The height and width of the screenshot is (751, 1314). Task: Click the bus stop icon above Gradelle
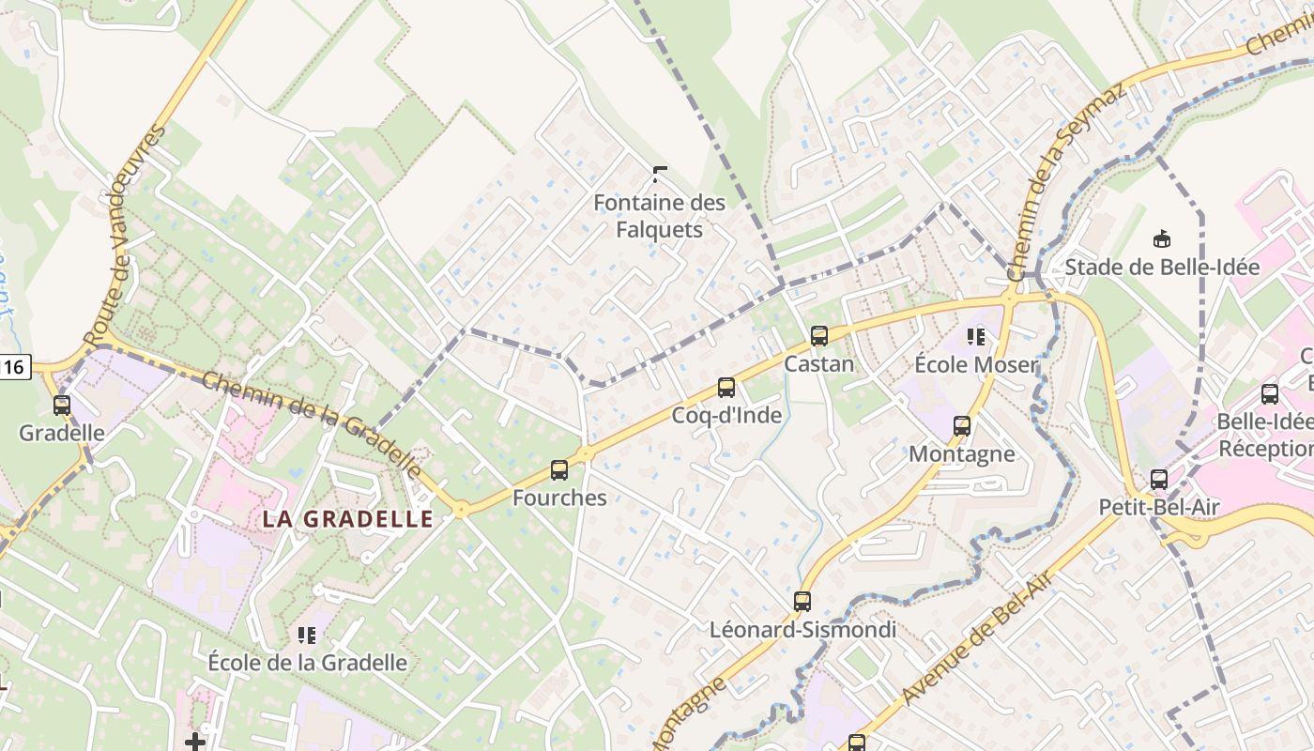62,406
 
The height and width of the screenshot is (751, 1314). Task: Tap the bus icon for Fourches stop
559,470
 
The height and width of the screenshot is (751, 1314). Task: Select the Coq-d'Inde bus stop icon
726,388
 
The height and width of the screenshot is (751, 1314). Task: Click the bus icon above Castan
818,336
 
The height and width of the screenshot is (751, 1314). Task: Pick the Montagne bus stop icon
962,426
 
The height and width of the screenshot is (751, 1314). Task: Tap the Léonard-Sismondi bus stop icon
802,602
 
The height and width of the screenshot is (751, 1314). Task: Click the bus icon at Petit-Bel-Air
1159,480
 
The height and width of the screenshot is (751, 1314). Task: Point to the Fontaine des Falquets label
660,216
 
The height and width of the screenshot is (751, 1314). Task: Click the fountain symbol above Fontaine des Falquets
660,174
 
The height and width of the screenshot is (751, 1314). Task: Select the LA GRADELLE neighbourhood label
347,519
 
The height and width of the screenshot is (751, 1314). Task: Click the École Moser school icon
975,336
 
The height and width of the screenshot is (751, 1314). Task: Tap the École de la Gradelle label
308,662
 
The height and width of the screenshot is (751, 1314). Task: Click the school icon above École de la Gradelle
307,636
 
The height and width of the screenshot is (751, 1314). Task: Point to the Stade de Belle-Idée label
1162,268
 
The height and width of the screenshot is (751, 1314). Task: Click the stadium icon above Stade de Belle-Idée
1162,239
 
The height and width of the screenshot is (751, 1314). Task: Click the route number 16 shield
15,367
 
